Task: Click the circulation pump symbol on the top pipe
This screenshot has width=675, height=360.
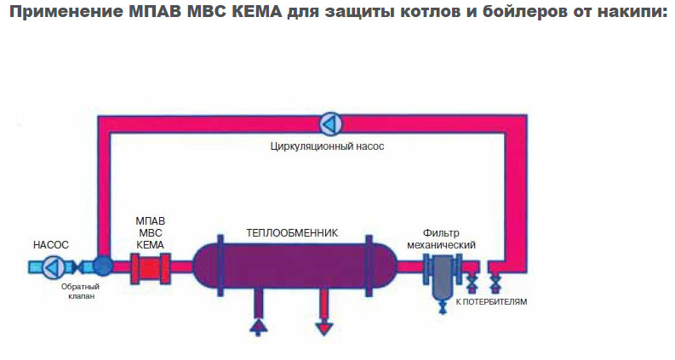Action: pos(329,124)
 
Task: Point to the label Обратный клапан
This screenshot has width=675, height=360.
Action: pos(79,293)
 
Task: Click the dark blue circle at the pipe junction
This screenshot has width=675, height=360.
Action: pos(103,266)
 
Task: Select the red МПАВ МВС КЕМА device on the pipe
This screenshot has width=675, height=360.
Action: pos(150,267)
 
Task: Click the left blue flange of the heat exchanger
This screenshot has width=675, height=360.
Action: pos(220,266)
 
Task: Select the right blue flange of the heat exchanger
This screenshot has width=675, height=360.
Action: pos(369,266)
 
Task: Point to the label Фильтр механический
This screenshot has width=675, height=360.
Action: pos(448,239)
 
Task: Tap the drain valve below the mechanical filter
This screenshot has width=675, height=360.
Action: pos(442,309)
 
